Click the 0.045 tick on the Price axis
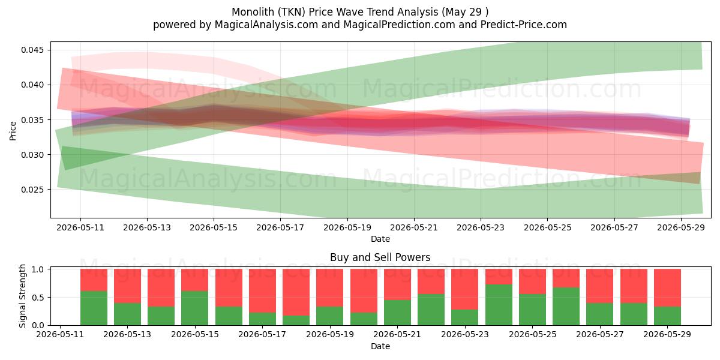[x=32, y=50]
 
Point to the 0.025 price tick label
[x=32, y=190]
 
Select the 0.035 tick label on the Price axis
[x=32, y=120]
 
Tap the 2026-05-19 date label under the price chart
[x=347, y=227]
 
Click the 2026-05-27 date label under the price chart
[x=614, y=227]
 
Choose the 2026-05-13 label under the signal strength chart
[x=127, y=334]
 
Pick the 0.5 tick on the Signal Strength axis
[x=38, y=298]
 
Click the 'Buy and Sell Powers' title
[x=380, y=257]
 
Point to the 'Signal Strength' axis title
[x=22, y=296]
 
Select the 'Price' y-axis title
[x=13, y=131]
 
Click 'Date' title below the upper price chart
[x=380, y=239]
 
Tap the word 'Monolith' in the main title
[x=253, y=12]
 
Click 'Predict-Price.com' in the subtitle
[x=524, y=25]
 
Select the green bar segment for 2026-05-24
[x=499, y=305]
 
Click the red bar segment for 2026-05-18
[x=296, y=292]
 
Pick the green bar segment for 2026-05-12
[x=94, y=308]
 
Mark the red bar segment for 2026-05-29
[x=668, y=287]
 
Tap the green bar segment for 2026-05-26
[x=566, y=307]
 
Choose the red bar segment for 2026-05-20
[x=364, y=291]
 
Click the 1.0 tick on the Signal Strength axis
[x=38, y=269]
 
